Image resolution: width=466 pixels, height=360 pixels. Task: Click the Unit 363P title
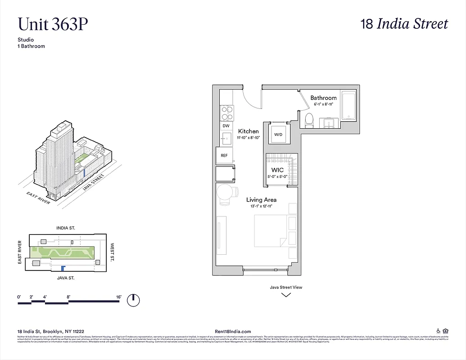52,24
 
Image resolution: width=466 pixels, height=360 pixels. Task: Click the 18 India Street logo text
404,24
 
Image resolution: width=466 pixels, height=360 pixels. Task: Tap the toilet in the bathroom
309,120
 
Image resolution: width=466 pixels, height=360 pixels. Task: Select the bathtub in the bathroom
348,105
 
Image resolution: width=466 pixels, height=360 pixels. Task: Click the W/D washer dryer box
278,134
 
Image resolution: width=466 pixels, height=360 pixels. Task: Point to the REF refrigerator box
224,155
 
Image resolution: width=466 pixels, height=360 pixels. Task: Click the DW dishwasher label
226,126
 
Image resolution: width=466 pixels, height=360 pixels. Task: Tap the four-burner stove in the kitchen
226,112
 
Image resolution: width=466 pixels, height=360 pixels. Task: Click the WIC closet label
277,171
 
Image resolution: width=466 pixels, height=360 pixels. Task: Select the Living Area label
261,199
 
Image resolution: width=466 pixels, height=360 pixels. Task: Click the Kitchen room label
249,131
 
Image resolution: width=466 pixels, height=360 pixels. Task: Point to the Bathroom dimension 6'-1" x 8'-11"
323,104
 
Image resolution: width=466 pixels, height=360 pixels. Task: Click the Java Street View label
286,287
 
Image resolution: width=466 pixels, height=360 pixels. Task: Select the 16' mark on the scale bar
119,297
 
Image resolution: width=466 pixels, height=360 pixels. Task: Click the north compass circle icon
133,300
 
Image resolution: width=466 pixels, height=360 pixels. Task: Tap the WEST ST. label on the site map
113,252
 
